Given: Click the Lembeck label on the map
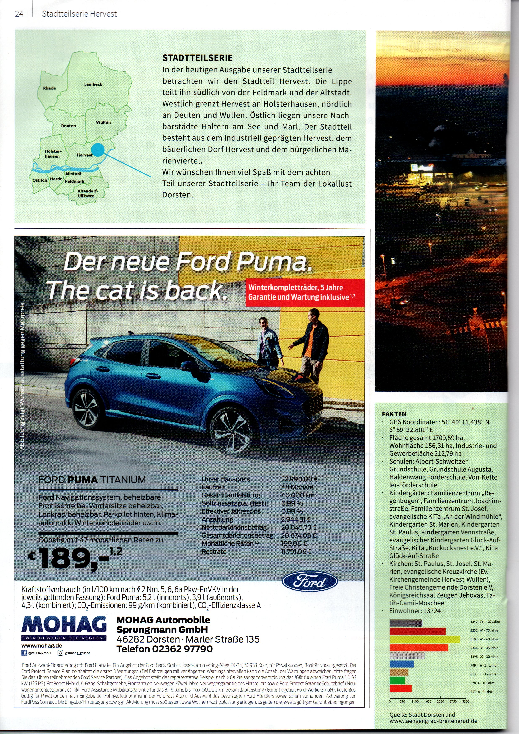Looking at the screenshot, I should pyautogui.click(x=93, y=84).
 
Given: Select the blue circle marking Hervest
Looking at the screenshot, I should pyautogui.click(x=98, y=150).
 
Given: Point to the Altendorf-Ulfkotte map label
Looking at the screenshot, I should pyautogui.click(x=88, y=193).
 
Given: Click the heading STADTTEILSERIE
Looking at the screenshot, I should pyautogui.click(x=197, y=58).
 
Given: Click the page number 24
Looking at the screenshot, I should pyautogui.click(x=19, y=14).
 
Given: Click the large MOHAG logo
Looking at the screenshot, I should pyautogui.click(x=64, y=628).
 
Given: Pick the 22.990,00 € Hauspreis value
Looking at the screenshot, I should pyautogui.click(x=299, y=479).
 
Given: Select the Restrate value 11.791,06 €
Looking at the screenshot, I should pyautogui.click(x=296, y=551).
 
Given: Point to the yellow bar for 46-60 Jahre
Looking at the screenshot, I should pyautogui.click(x=425, y=639).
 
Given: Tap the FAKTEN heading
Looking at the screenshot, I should pyautogui.click(x=394, y=414).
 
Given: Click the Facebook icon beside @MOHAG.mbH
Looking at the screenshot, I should pyautogui.click(x=24, y=653).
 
